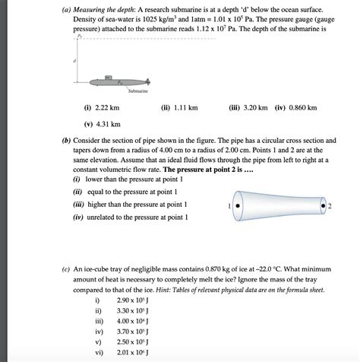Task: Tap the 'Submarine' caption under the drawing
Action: pyautogui.click(x=138, y=91)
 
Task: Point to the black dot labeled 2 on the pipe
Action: pyautogui.click(x=324, y=205)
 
